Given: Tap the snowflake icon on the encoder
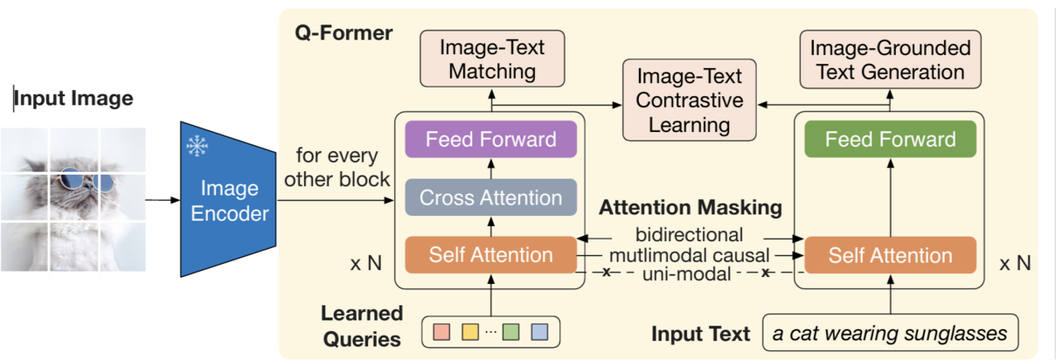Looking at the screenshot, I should (x=198, y=147).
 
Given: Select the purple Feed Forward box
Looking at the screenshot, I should (x=491, y=139).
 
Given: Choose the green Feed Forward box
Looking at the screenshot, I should (x=890, y=139).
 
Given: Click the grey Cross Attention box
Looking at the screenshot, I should (x=490, y=197).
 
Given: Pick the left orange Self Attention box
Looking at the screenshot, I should (x=490, y=255).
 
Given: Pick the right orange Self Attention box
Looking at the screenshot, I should (x=890, y=255).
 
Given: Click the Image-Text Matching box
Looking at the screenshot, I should (x=492, y=58).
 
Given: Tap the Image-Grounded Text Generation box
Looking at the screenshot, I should (x=890, y=58).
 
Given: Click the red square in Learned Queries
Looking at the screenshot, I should (x=441, y=333).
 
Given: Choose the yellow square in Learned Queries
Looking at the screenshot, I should (x=470, y=333).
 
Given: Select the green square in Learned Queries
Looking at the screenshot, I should (x=511, y=333).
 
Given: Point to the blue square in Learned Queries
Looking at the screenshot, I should (x=539, y=333).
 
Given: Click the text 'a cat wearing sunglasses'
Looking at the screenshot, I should (x=890, y=333).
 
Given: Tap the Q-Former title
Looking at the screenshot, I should (x=344, y=33).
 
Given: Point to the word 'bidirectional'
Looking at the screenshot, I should (x=690, y=234).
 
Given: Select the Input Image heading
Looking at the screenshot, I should (x=73, y=98).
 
